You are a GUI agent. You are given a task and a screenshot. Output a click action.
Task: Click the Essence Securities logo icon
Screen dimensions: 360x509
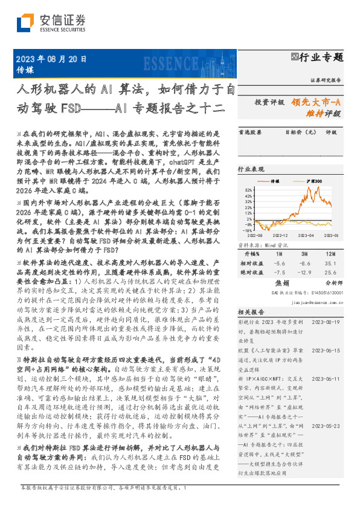26,23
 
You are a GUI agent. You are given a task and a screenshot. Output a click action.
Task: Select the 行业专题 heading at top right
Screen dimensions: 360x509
321,57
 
